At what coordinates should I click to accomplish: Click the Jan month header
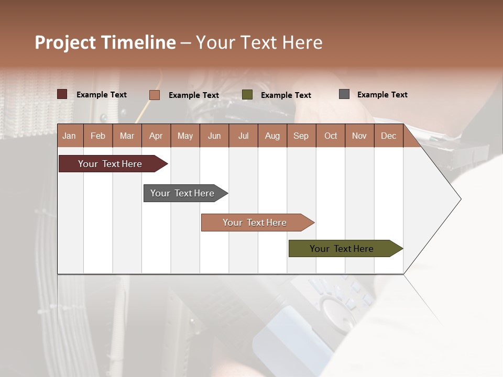pyautogui.click(x=69, y=136)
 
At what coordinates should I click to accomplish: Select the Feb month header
pyautogui.click(x=98, y=136)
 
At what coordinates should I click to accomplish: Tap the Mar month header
pyautogui.click(x=127, y=136)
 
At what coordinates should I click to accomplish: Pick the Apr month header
pyautogui.click(x=156, y=136)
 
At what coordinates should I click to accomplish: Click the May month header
pyautogui.click(x=185, y=136)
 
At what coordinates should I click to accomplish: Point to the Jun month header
pyautogui.click(x=214, y=136)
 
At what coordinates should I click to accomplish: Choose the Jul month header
pyautogui.click(x=243, y=136)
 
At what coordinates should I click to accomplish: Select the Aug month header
pyautogui.click(x=272, y=136)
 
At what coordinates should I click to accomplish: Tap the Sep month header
pyautogui.click(x=301, y=136)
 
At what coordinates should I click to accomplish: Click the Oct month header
pyautogui.click(x=331, y=136)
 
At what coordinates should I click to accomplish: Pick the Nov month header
pyautogui.click(x=359, y=136)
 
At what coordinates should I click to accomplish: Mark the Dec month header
pyautogui.click(x=388, y=136)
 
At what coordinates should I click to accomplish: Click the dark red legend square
pyautogui.click(x=62, y=94)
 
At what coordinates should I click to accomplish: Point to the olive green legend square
pyautogui.click(x=247, y=95)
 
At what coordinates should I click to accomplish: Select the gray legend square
pyautogui.click(x=344, y=94)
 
